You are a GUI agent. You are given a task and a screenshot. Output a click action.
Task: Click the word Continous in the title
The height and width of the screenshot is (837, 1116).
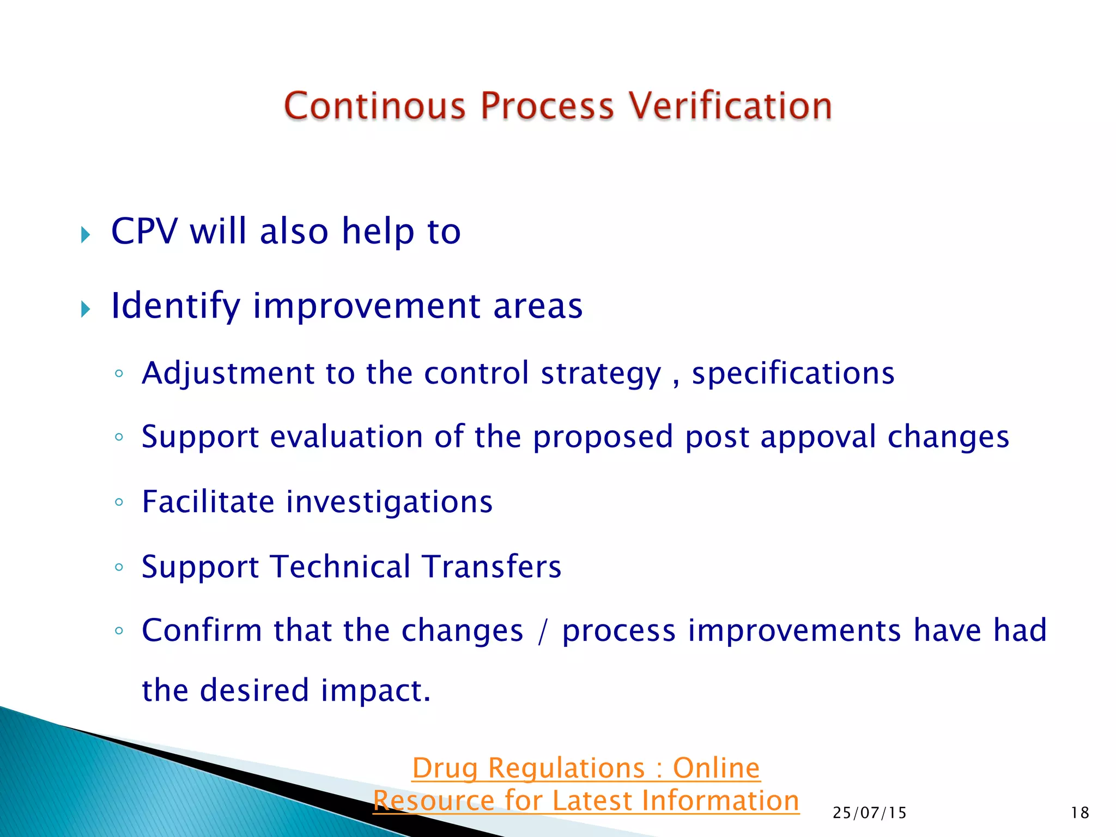click(x=375, y=106)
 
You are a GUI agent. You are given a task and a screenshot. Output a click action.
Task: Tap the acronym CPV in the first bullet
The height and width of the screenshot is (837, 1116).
click(x=144, y=231)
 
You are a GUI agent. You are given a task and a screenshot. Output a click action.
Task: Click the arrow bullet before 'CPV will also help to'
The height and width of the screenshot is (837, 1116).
click(x=86, y=235)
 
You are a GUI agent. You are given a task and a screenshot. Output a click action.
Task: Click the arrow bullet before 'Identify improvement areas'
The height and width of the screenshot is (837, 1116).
click(x=86, y=310)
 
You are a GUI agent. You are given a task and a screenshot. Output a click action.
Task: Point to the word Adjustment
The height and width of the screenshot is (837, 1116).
click(x=228, y=374)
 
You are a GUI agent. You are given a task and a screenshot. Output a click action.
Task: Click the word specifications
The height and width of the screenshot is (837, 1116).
click(x=793, y=374)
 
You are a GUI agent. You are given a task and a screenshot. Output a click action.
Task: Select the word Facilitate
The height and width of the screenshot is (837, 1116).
click(x=208, y=502)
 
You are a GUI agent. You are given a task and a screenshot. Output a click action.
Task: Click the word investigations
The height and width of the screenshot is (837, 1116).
click(x=390, y=502)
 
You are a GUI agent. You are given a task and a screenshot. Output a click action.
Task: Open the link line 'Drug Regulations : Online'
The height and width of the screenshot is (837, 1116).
click(x=586, y=769)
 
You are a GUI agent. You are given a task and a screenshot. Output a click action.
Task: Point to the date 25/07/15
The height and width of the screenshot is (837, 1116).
click(x=870, y=813)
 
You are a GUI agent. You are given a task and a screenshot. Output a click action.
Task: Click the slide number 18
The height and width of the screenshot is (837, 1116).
click(x=1080, y=813)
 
